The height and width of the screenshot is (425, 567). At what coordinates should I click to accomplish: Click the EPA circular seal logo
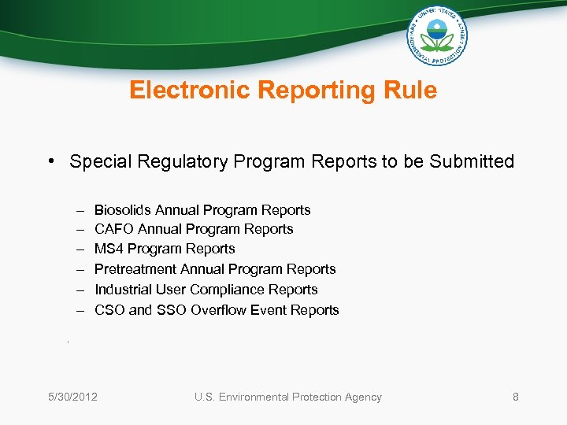tap(437, 35)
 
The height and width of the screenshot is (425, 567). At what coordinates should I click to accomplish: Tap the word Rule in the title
tap(411, 91)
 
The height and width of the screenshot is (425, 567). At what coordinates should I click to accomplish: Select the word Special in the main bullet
tap(99, 162)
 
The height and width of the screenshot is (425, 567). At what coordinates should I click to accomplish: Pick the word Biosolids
tap(123, 210)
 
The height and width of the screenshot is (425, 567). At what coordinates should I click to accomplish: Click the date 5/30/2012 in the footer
tap(72, 397)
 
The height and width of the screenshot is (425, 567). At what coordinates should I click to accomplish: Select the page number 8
tap(516, 397)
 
